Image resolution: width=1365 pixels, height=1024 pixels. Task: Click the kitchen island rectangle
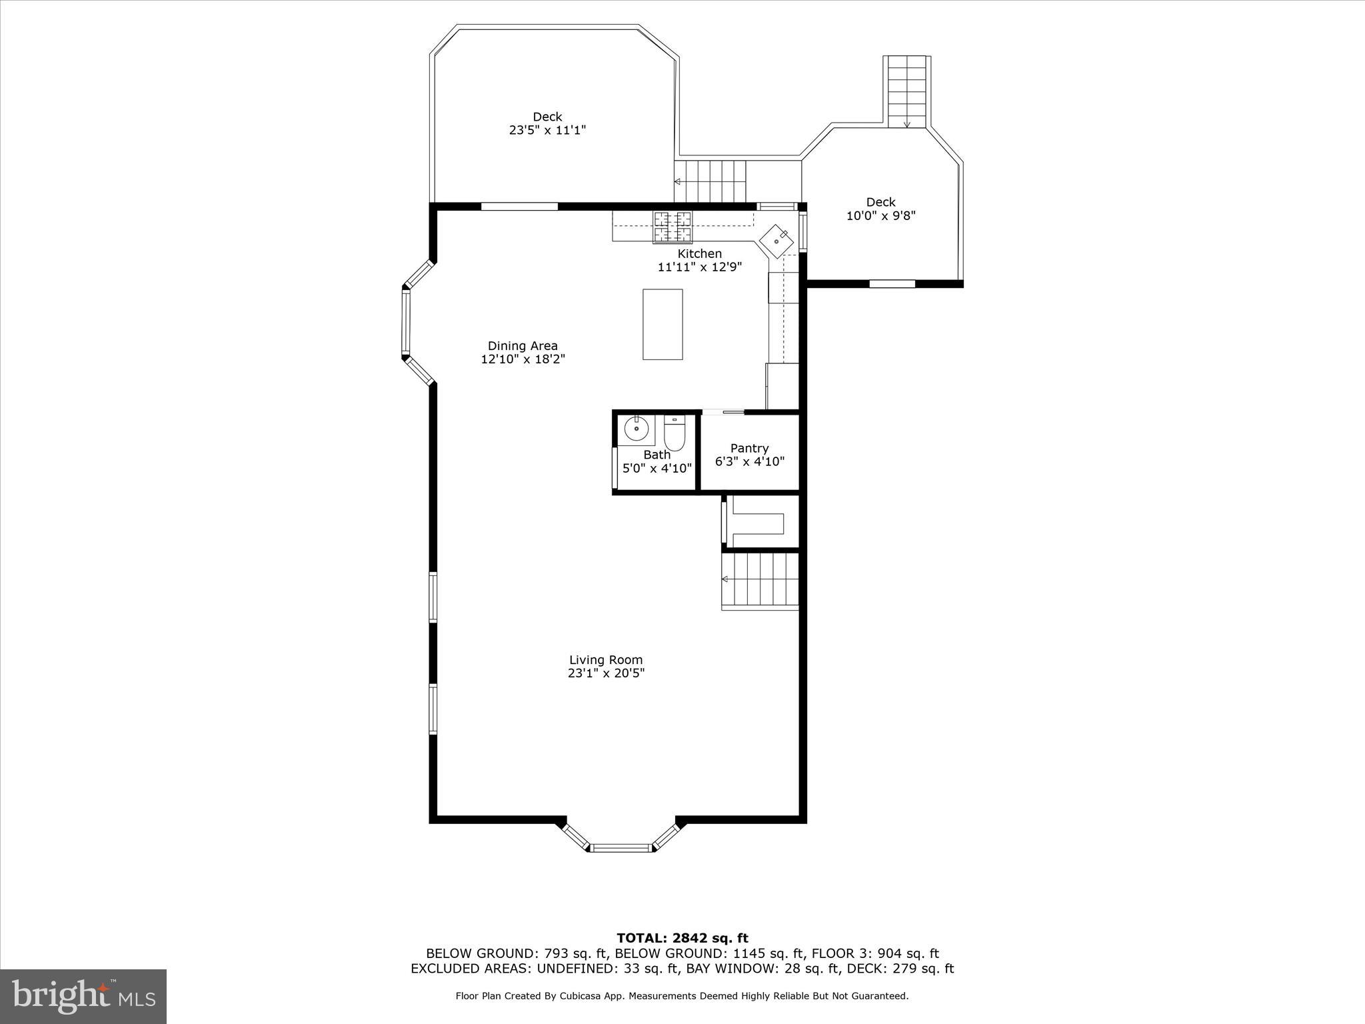(663, 324)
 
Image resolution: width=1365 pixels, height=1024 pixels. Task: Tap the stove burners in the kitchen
(672, 226)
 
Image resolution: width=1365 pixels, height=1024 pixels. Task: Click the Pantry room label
(749, 448)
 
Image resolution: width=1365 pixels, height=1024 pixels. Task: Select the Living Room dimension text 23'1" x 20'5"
(606, 673)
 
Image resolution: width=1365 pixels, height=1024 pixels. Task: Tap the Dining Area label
(523, 345)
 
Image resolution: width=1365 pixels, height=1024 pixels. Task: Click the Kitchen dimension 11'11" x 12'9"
(699, 267)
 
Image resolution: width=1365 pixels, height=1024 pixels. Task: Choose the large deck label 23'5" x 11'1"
(547, 130)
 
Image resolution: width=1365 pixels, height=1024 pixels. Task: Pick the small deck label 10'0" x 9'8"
(880, 215)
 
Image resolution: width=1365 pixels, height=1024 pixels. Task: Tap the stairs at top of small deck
(906, 91)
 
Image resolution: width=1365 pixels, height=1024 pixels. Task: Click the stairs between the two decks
(710, 181)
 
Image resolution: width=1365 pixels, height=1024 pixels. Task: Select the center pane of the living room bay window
(621, 848)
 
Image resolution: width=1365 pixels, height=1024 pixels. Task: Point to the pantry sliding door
(724, 412)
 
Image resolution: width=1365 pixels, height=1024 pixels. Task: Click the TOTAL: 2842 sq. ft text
(682, 939)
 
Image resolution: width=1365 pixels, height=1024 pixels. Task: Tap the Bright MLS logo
(83, 996)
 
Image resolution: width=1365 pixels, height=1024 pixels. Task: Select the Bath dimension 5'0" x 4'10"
(657, 468)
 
